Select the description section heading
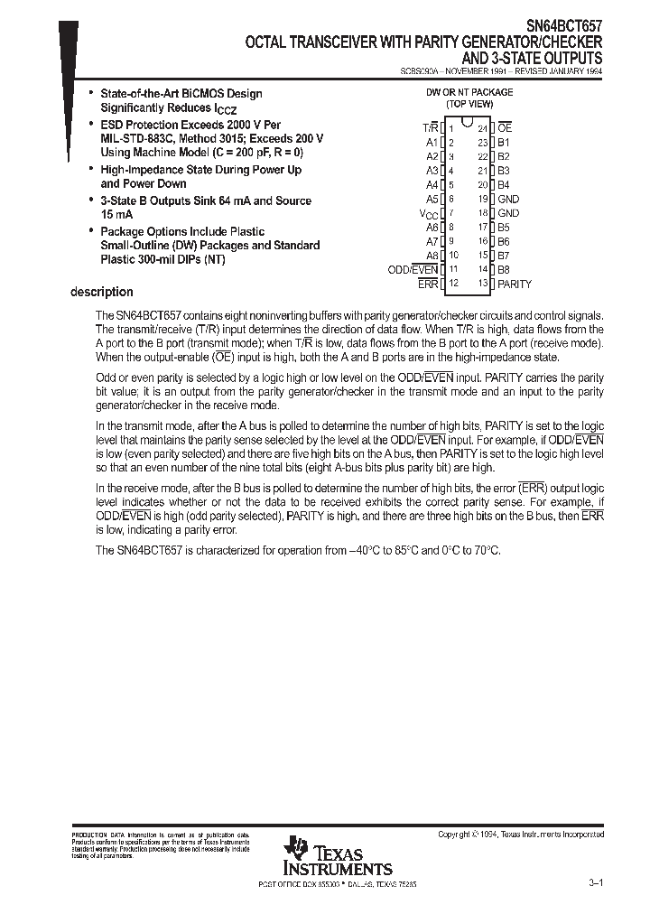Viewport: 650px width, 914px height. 102,292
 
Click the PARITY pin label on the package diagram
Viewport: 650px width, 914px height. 515,284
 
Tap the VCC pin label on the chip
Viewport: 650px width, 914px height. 429,213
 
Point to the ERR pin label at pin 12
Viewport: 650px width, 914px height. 428,284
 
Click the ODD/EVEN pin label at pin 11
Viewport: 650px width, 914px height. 413,269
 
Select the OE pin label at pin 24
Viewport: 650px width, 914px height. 505,128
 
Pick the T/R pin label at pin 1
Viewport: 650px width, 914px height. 430,128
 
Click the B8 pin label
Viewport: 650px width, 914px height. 504,269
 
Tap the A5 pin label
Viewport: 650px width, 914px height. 432,199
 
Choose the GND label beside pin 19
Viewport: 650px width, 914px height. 508,199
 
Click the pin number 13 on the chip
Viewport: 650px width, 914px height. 483,284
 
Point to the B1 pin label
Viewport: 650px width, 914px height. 504,143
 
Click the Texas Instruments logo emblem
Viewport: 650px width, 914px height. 295,849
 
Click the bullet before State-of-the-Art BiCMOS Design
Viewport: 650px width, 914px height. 91,94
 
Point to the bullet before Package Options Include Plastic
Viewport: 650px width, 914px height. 91,232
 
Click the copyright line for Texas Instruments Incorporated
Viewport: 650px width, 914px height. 521,835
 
